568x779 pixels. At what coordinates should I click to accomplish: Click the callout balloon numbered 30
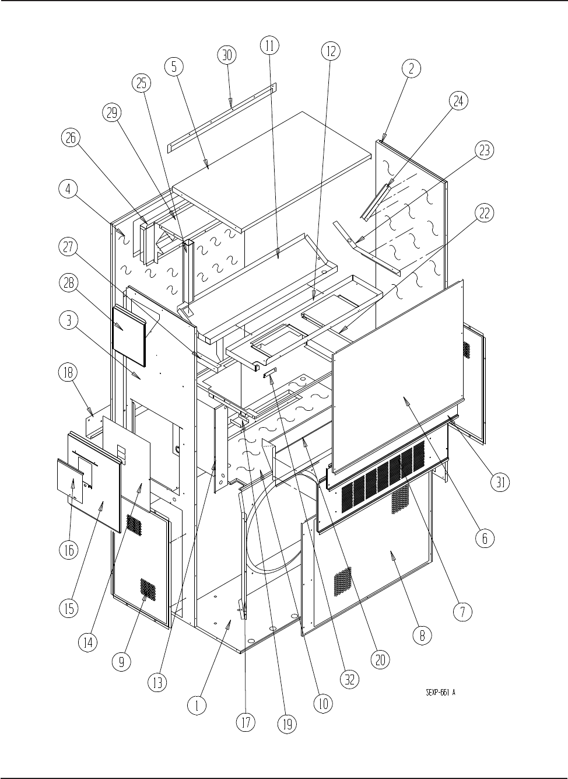[227, 55]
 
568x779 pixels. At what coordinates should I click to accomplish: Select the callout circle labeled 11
[269, 46]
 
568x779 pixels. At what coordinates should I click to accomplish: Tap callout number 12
[330, 51]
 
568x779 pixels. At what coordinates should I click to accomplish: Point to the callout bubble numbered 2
[411, 68]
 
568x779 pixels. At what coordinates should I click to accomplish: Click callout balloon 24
[458, 101]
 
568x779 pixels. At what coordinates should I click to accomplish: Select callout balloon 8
[422, 635]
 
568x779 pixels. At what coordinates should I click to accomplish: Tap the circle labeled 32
[350, 679]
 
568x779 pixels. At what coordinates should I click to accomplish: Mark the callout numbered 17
[246, 722]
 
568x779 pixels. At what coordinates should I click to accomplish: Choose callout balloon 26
[71, 138]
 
